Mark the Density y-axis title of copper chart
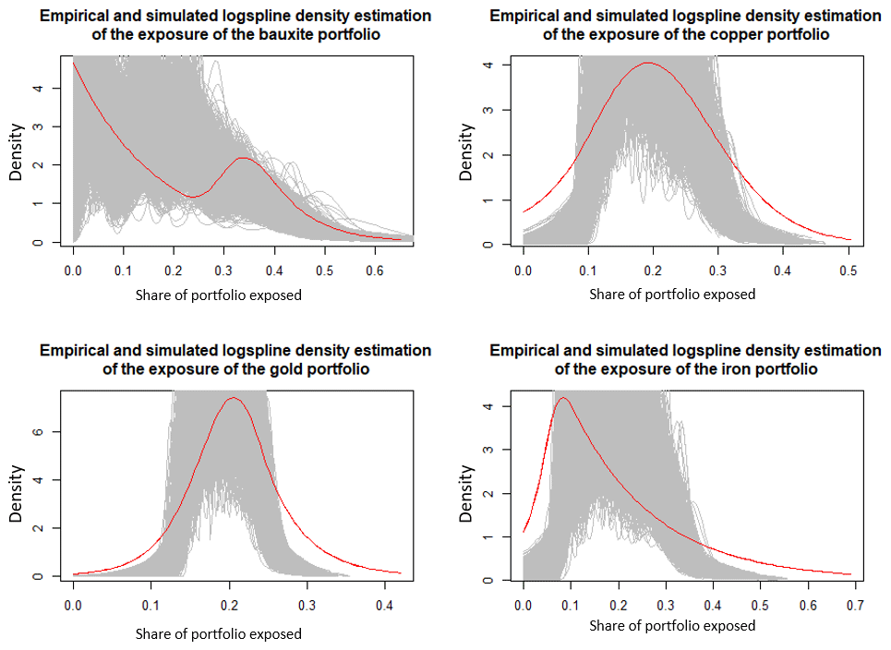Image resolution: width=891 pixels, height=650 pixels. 467,151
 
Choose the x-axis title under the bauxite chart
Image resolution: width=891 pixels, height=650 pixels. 219,295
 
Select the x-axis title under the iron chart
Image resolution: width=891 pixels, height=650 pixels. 671,626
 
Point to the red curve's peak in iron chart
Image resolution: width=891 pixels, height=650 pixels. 562,398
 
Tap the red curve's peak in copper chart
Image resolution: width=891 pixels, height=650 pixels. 649,63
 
